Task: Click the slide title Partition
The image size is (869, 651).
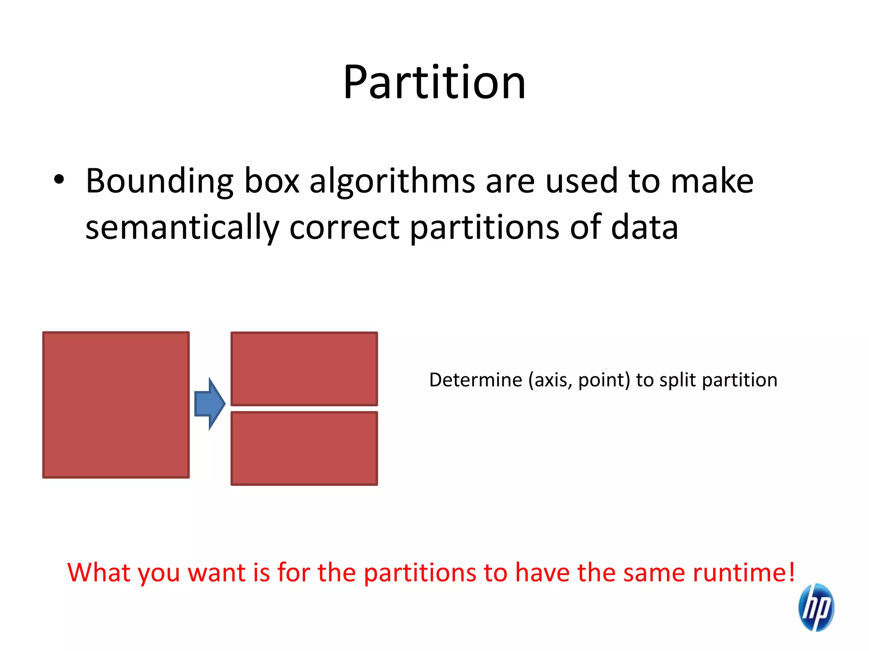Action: (x=434, y=82)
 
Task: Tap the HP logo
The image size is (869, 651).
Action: (x=816, y=607)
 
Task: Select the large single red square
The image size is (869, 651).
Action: (x=116, y=405)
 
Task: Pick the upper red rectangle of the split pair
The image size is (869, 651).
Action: (x=304, y=369)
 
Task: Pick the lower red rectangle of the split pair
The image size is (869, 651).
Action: (x=304, y=448)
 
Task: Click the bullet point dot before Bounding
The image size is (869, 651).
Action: (x=59, y=180)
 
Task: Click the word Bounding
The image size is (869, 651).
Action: (x=159, y=181)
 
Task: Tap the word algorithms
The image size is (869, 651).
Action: (x=392, y=181)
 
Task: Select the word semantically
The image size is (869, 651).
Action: (x=182, y=228)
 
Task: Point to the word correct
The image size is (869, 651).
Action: (x=344, y=228)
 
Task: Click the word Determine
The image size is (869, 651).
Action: (x=475, y=380)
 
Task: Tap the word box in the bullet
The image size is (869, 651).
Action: (x=272, y=181)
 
